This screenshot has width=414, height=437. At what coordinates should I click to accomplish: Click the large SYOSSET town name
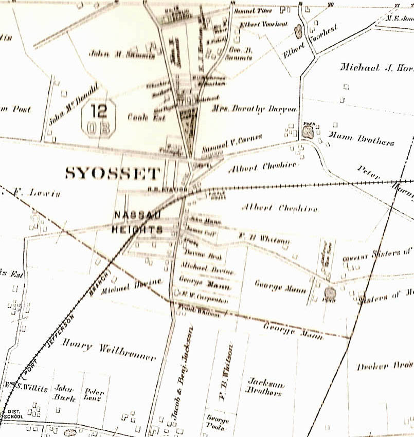(x=113, y=173)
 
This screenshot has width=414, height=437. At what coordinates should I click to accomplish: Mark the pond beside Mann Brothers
(x=308, y=132)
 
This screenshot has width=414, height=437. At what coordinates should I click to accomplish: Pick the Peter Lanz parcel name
(x=94, y=394)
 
